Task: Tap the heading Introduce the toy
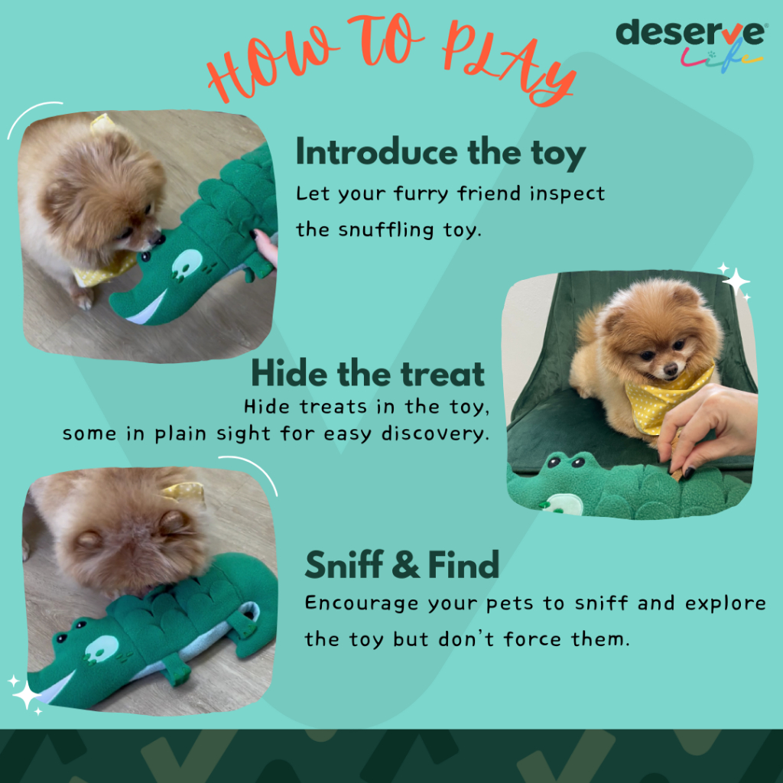440,154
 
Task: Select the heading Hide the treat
368,373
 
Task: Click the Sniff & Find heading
402,565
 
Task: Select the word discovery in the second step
435,434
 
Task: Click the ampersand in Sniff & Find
405,565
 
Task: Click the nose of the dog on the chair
670,369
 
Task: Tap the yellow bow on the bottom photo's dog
184,492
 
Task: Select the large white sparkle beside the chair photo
736,282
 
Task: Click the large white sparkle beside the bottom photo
26,694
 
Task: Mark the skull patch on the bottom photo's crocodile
102,649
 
